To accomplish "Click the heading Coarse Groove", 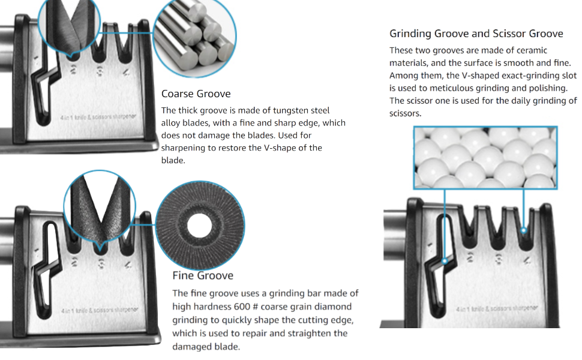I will pyautogui.click(x=196, y=94).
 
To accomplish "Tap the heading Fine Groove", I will pyautogui.click(x=202, y=275).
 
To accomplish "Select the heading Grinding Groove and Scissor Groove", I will pyautogui.click(x=476, y=34).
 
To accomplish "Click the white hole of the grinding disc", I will pyautogui.click(x=197, y=224).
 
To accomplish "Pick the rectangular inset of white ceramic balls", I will pyautogui.click(x=485, y=157).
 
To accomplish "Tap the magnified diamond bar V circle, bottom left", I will pyautogui.click(x=98, y=206).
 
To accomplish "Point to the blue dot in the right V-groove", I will pyautogui.click(x=524, y=230).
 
